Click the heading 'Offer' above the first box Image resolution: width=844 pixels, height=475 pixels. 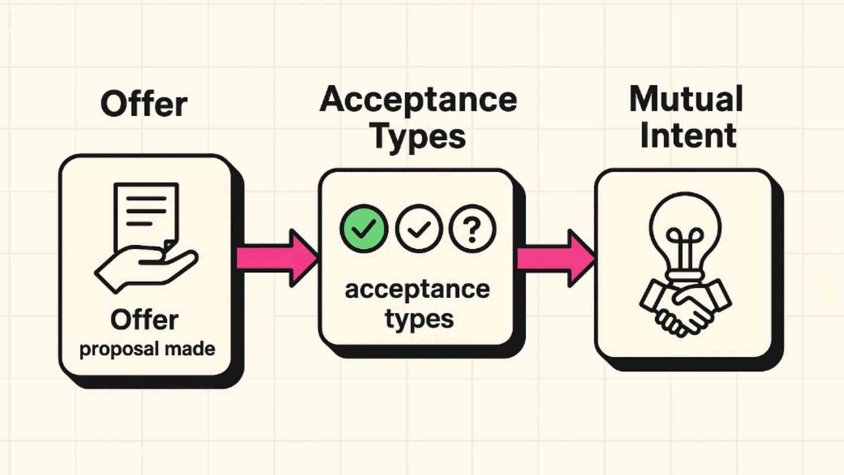144,104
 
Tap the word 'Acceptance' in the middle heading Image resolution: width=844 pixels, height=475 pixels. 418,100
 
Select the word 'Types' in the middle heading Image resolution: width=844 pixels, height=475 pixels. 418,136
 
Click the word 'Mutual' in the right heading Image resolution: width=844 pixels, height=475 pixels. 686,99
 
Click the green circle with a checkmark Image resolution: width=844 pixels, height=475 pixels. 364,229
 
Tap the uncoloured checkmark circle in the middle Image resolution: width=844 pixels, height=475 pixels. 418,229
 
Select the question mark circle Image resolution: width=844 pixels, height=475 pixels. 472,229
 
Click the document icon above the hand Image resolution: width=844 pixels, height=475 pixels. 146,214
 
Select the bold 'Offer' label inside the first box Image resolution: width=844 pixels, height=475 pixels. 145,320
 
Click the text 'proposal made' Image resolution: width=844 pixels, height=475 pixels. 147,349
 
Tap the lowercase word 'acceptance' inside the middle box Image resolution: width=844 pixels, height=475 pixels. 417,290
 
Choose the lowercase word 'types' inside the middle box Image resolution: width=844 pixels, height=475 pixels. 419,319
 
